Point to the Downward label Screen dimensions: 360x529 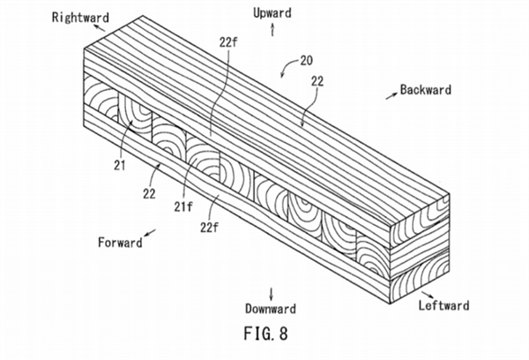tap(271, 309)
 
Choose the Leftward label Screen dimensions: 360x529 tap(444, 305)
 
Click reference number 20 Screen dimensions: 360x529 tap(306, 61)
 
